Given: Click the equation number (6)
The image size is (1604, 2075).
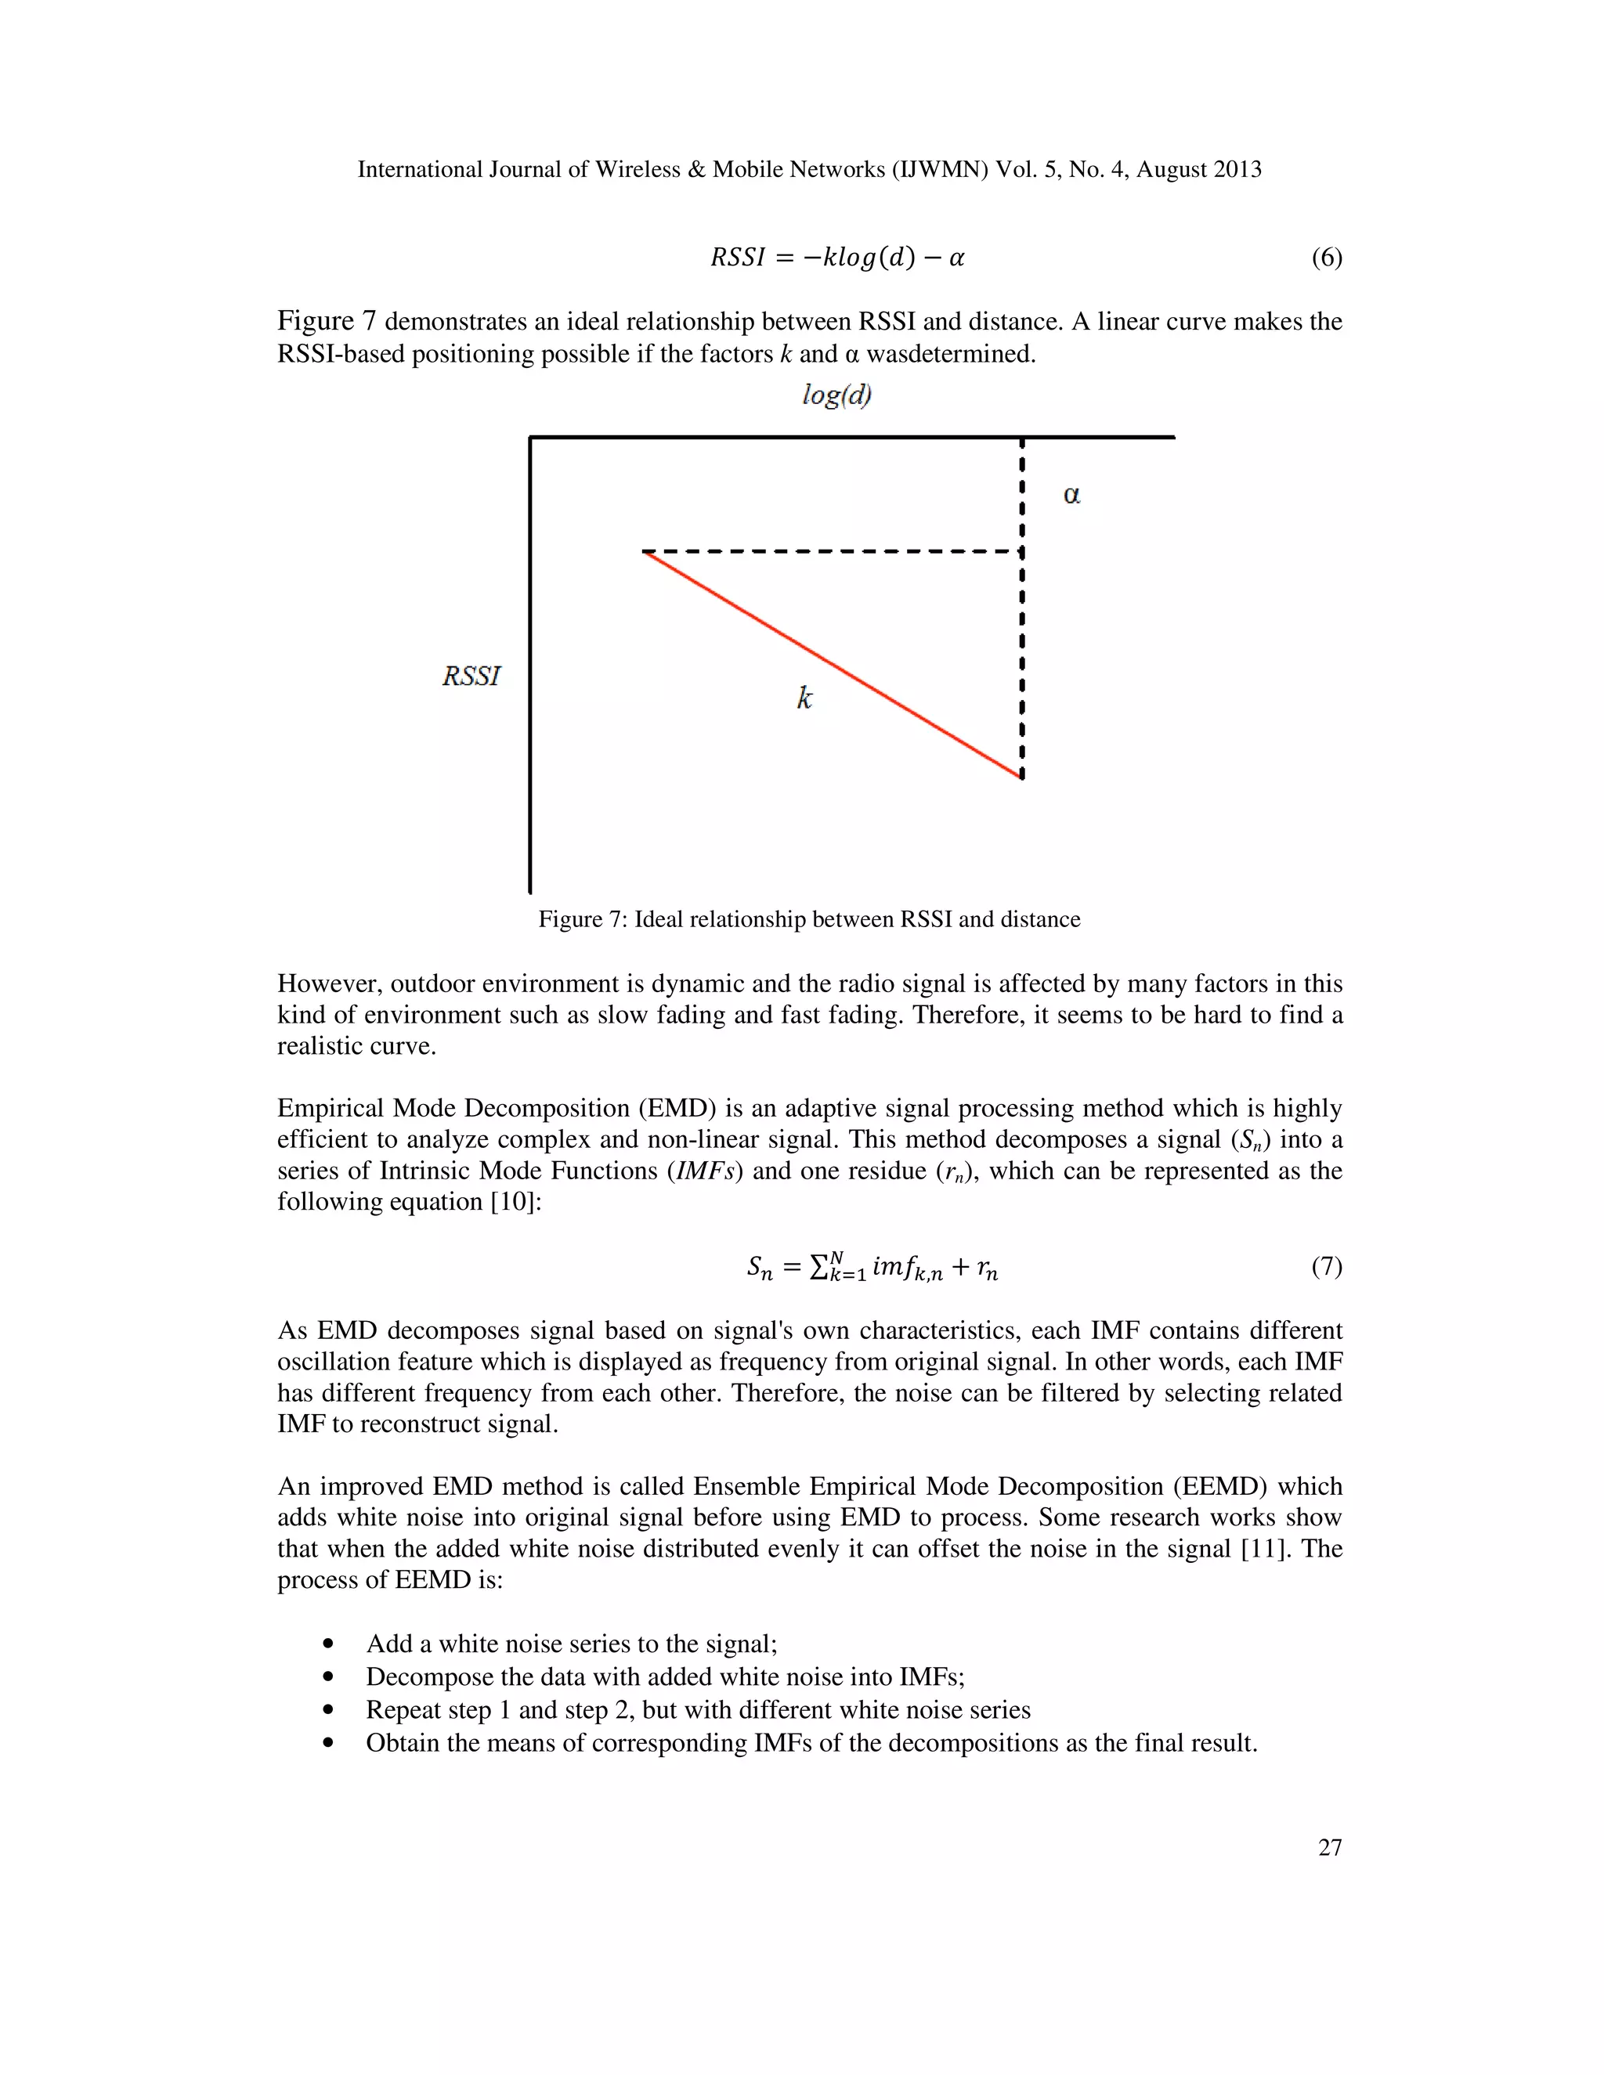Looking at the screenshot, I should pyautogui.click(x=1326, y=258).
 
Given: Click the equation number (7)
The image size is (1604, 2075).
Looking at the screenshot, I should pyautogui.click(x=1326, y=1266).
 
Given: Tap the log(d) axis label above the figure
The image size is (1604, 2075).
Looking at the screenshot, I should pyautogui.click(x=836, y=395).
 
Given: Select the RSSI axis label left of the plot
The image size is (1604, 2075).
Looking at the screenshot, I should pyautogui.click(x=471, y=677).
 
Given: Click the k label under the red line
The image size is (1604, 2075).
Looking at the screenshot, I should pyautogui.click(x=804, y=699).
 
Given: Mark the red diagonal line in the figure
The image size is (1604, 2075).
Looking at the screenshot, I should pyautogui.click(x=833, y=663).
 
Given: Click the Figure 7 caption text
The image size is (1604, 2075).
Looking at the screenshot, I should pyautogui.click(x=808, y=920).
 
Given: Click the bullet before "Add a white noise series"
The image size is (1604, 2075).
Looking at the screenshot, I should pyautogui.click(x=329, y=1644).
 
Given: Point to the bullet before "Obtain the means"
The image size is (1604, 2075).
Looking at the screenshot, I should pyautogui.click(x=329, y=1744).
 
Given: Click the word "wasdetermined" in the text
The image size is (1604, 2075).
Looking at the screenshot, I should pyautogui.click(x=949, y=355).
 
